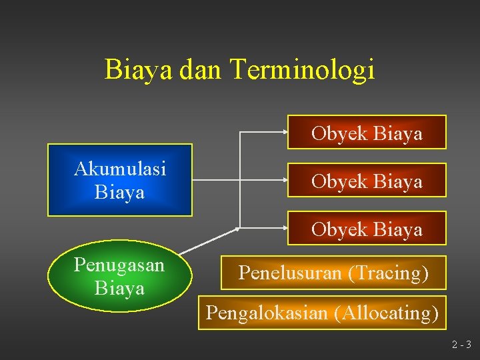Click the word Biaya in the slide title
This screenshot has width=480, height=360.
(139, 70)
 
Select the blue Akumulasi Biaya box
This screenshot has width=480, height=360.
(119, 180)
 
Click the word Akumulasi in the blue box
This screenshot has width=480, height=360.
(120, 169)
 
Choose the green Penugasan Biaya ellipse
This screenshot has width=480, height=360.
(119, 276)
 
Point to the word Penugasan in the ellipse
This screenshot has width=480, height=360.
(119, 265)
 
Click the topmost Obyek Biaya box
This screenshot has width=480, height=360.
(367, 133)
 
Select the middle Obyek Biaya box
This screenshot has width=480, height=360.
(367, 181)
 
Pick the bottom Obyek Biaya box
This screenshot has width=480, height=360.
(367, 229)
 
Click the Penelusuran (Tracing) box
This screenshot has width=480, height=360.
(333, 273)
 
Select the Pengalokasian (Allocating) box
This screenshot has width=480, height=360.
(322, 312)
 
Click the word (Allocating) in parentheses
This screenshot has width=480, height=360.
(388, 312)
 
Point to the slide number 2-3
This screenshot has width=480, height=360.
(461, 345)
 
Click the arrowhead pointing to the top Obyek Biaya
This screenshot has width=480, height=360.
(283, 132)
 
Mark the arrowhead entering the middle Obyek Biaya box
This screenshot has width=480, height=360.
(283, 180)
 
